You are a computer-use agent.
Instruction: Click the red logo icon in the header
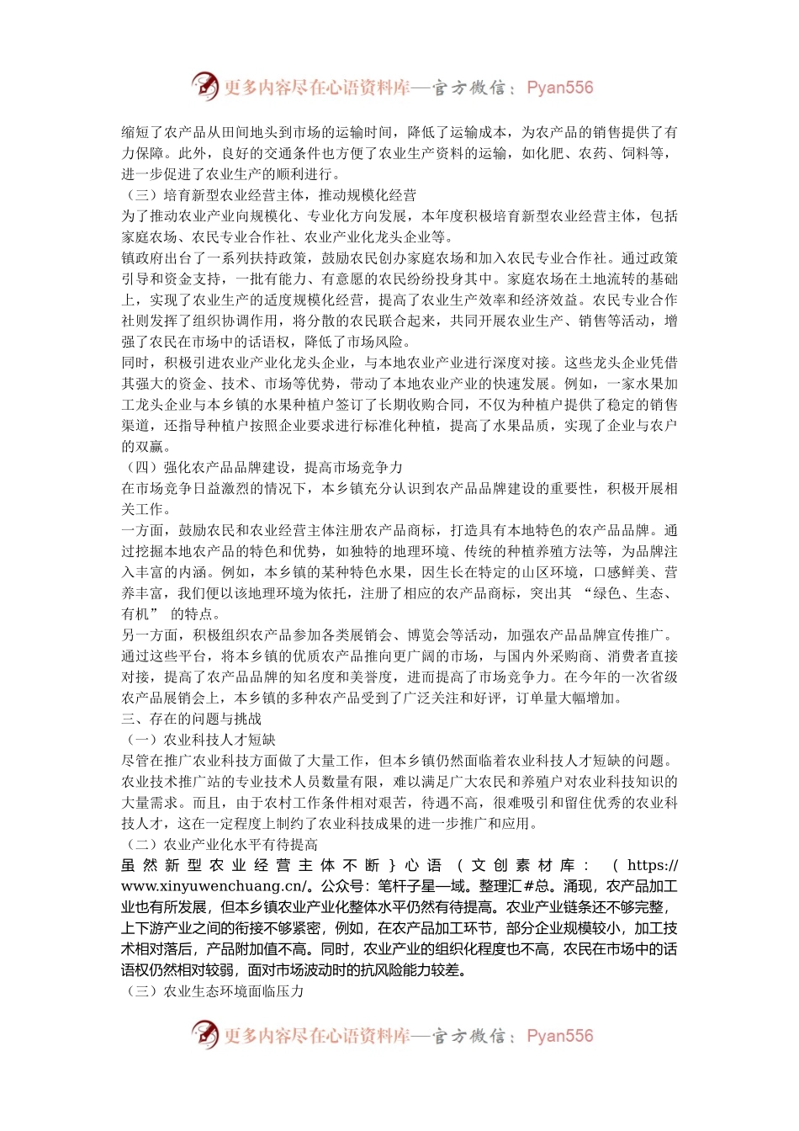(x=204, y=86)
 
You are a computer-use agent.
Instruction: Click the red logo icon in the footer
(x=204, y=1034)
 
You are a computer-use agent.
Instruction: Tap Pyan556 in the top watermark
(x=559, y=88)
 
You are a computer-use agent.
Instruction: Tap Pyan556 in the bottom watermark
(x=559, y=1036)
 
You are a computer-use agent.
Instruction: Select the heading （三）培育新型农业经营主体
(x=269, y=195)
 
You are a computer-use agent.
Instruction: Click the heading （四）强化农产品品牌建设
(x=262, y=467)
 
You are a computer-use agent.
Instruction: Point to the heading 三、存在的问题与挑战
(x=192, y=719)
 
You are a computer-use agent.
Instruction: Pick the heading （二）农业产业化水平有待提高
(x=220, y=844)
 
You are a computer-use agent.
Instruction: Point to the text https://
(x=653, y=865)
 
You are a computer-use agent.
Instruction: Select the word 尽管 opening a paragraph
(x=135, y=761)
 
